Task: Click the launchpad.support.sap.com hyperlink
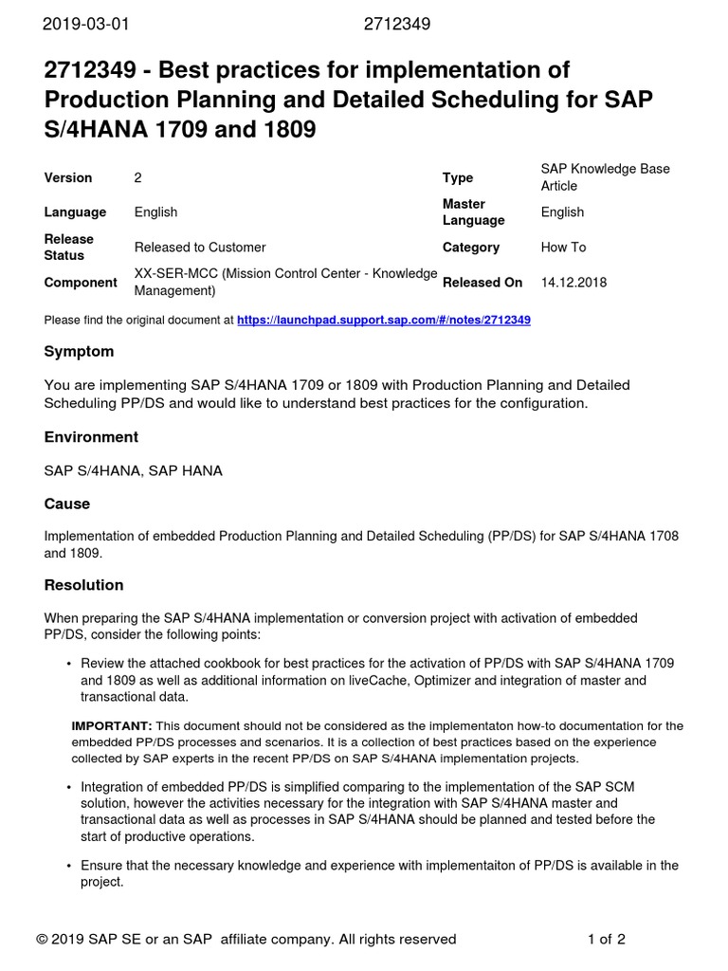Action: click(x=383, y=321)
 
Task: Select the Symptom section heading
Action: click(x=79, y=352)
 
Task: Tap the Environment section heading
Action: click(x=91, y=437)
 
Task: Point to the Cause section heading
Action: click(x=67, y=504)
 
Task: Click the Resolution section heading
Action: click(x=83, y=585)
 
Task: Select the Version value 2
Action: click(x=138, y=178)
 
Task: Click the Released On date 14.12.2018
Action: click(x=573, y=283)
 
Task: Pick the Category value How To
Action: click(x=563, y=247)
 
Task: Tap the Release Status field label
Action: click(x=69, y=247)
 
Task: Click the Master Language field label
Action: click(x=473, y=212)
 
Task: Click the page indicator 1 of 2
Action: click(x=606, y=940)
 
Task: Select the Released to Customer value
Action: click(x=200, y=247)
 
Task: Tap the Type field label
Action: click(x=458, y=178)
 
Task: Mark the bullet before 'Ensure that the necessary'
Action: click(x=69, y=866)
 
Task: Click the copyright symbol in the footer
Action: click(x=43, y=940)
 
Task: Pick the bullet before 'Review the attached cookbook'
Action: click(x=69, y=663)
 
